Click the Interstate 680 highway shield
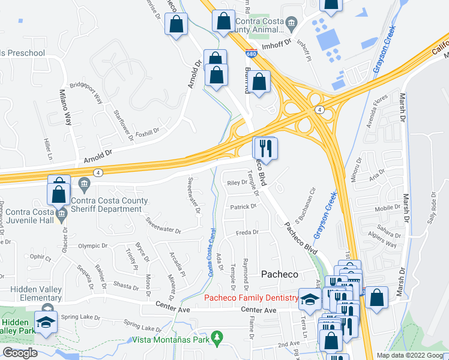[x=253, y=53]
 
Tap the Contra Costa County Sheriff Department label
[x=106, y=205]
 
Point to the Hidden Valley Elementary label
[x=36, y=293]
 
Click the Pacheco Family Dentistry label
[x=252, y=298]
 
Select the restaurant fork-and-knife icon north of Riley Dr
[x=265, y=148]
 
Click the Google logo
[x=20, y=353]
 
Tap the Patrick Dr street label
[x=243, y=206]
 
